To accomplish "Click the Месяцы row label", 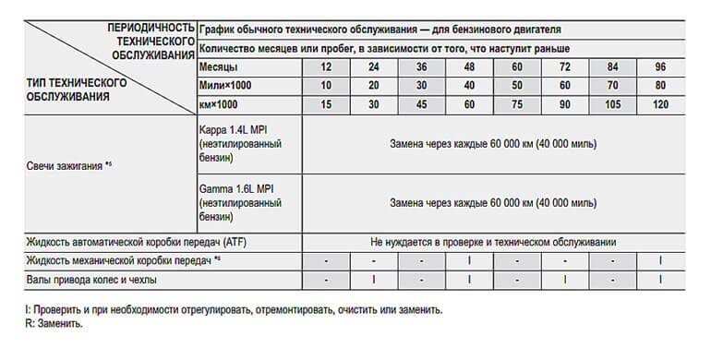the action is click(x=219, y=68).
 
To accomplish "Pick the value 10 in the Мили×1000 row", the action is click(x=326, y=87).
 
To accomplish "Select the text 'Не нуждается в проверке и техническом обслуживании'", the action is click(x=494, y=241).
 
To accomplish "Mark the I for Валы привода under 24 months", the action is click(x=374, y=278).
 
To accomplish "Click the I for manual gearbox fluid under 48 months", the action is click(x=469, y=259).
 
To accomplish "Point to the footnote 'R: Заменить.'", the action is click(x=55, y=324).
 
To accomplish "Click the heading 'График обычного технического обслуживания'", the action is click(x=379, y=30).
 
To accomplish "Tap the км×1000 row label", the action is click(x=219, y=105).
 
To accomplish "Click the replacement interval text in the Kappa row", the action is click(x=494, y=144).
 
